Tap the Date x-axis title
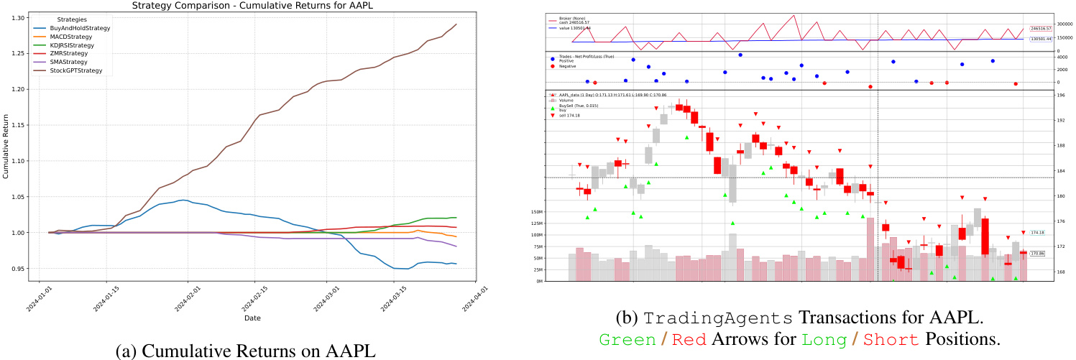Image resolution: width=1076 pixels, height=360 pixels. [x=252, y=318]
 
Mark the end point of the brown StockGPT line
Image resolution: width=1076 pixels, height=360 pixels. [x=456, y=24]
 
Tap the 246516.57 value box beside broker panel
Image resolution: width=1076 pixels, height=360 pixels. [x=1040, y=29]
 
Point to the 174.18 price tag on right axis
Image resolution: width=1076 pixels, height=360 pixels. [x=1037, y=233]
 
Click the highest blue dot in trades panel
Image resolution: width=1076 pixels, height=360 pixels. [x=740, y=55]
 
